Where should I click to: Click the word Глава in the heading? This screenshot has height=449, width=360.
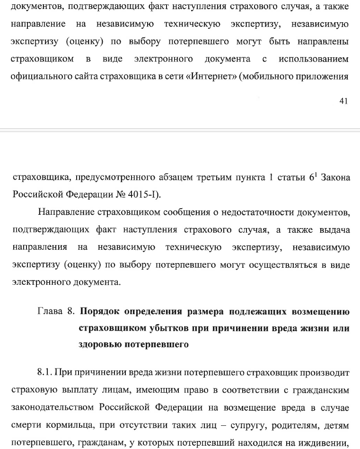(x=49, y=312)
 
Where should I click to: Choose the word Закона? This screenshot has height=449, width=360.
(x=334, y=178)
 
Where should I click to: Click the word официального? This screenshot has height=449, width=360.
(x=41, y=76)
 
